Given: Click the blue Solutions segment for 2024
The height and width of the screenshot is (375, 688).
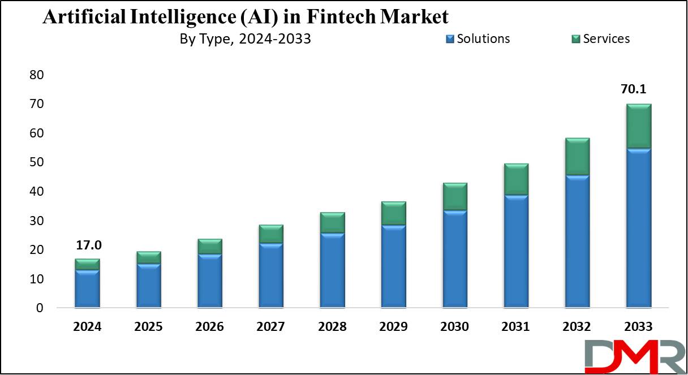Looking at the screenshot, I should pos(87,289).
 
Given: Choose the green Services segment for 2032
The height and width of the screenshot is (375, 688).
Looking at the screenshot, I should pos(577,157).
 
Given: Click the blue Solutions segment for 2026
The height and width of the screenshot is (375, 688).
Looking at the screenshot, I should pos(209,281).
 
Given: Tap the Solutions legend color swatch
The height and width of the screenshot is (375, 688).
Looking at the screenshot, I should pos(450,39).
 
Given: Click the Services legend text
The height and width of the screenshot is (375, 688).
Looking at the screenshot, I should pos(606,38).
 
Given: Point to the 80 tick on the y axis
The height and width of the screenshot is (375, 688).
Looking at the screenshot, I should pos(36,75).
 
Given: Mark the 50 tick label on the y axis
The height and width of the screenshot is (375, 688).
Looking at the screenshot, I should pos(36,162).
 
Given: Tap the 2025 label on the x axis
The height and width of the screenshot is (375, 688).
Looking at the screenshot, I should pos(148,327).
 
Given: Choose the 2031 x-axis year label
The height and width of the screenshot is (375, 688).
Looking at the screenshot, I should pos(515,327).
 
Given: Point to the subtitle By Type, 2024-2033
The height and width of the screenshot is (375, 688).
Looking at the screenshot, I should pos(244,39).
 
